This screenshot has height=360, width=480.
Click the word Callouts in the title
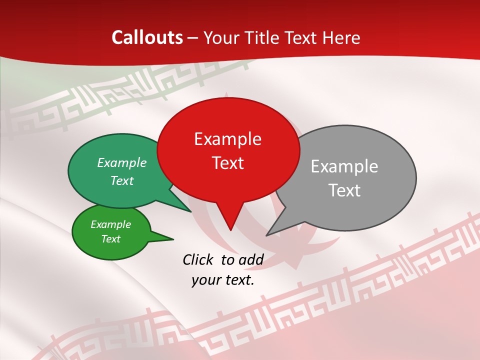coord(147,37)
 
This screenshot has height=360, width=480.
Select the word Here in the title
coord(341,37)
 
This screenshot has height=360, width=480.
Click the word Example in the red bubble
coord(227,139)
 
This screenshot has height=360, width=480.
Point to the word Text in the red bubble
coord(228,163)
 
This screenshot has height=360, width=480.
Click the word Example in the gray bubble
coord(344,166)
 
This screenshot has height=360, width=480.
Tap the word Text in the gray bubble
coord(345,190)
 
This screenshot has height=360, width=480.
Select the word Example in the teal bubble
coord(122,162)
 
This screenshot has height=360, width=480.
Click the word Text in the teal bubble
coord(122,180)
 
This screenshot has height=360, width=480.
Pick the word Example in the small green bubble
coord(111,224)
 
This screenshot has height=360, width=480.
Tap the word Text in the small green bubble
coord(111,239)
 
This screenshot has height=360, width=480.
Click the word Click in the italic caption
coord(198,259)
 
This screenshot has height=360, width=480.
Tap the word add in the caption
coord(251,259)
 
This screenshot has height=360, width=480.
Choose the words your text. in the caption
coord(223,280)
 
